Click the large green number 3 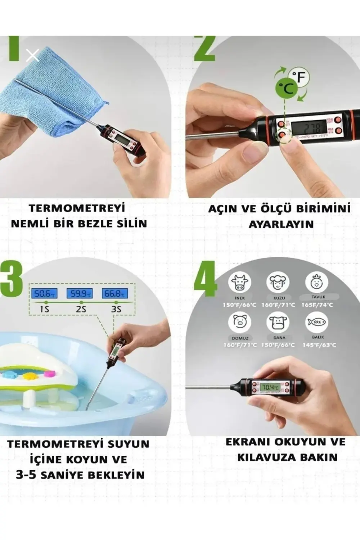pos(12,279)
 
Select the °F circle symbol pos(301,77)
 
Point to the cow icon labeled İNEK pos(240,282)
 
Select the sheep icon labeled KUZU pos(278,282)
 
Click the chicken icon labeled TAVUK pos(317,282)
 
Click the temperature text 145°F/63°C pos(319,345)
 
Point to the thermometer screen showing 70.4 pos(270,387)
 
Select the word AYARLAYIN pos(281,224)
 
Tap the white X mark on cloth pos(32,55)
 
